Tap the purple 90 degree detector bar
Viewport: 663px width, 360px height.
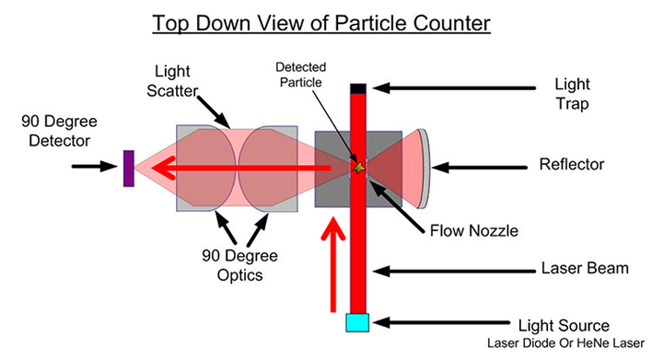click(x=128, y=168)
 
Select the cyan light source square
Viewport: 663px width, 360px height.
click(x=357, y=321)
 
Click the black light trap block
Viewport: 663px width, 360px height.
click(x=358, y=87)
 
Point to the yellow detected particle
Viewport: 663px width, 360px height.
click(x=361, y=167)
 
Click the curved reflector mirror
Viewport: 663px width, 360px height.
click(x=423, y=168)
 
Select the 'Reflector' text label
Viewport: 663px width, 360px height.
click(x=571, y=166)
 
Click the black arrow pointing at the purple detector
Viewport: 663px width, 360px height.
click(x=96, y=168)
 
